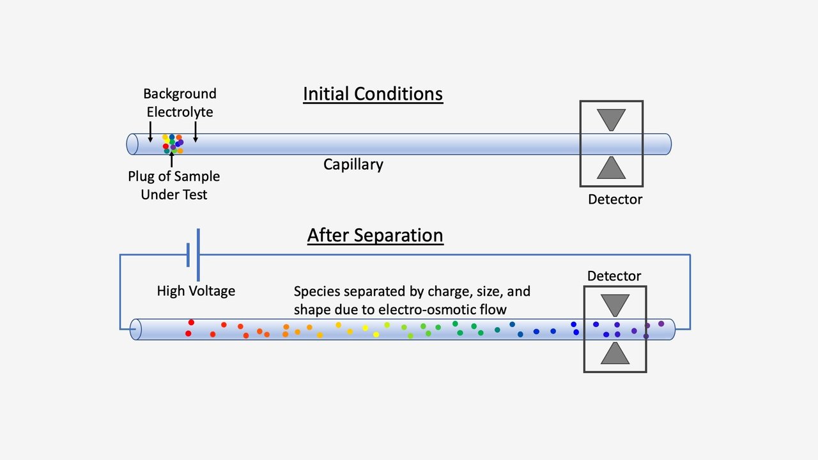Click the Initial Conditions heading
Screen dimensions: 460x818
(x=373, y=94)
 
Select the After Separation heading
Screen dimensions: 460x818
(x=375, y=235)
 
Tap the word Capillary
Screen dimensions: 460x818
(x=353, y=164)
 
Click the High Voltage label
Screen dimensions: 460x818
(x=196, y=291)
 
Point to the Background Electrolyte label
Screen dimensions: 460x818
(x=180, y=103)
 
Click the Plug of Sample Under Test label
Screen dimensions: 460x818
(x=174, y=185)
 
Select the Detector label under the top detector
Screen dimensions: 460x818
(x=615, y=199)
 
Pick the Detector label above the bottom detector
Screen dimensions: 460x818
(x=614, y=276)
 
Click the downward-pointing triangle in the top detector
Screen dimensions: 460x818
(x=611, y=119)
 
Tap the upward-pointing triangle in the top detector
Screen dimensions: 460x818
(x=611, y=168)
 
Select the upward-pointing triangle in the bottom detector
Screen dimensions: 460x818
(x=615, y=354)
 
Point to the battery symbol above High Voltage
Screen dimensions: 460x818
(x=193, y=254)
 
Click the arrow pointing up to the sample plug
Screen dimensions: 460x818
(x=171, y=160)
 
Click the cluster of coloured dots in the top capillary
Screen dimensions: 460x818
(x=173, y=144)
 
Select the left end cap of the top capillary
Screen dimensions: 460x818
(x=132, y=144)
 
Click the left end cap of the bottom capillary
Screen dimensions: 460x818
(x=136, y=330)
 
